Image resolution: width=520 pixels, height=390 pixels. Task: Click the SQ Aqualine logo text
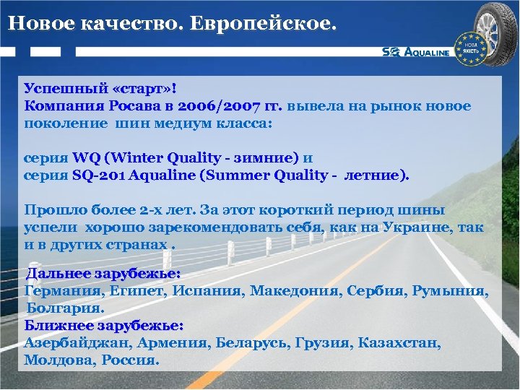pyautogui.click(x=416, y=52)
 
